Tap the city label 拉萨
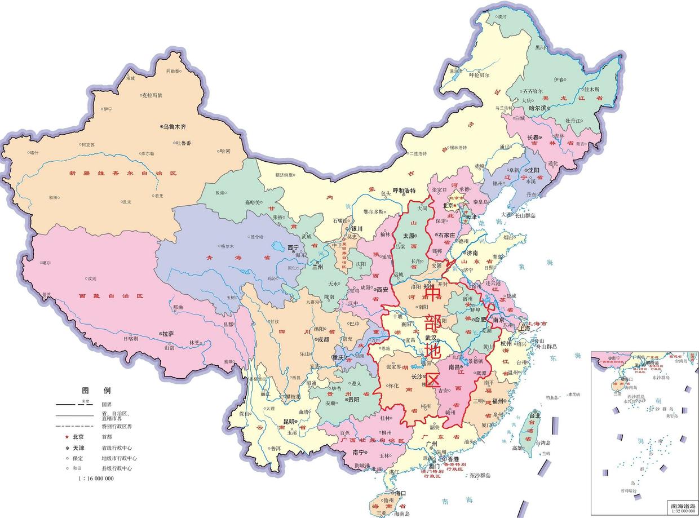(x=167, y=334)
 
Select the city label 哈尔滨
(x=539, y=108)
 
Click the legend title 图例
(x=96, y=391)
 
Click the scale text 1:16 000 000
(x=96, y=478)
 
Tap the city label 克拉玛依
(x=151, y=95)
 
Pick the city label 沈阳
(x=533, y=170)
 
